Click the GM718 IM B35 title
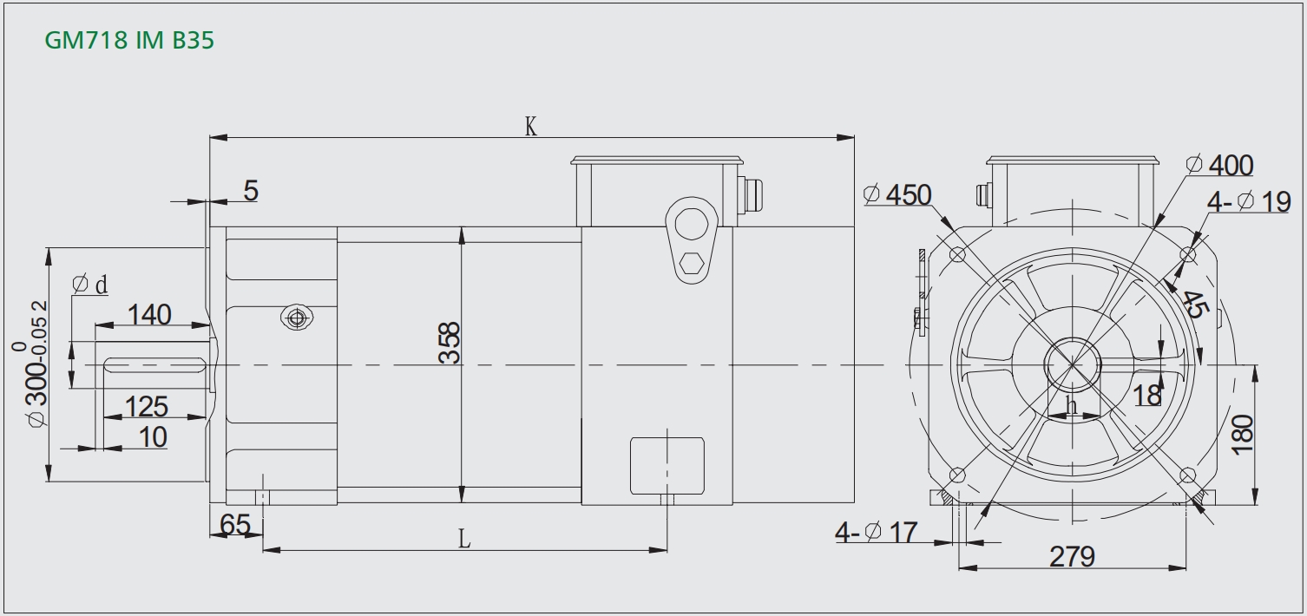129,40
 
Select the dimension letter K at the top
530,126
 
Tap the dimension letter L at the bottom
463,539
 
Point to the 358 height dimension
450,343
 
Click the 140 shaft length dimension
149,315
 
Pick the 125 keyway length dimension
147,407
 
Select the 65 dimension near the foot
235,525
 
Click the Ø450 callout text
897,195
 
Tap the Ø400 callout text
1219,165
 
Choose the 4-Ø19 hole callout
1249,202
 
